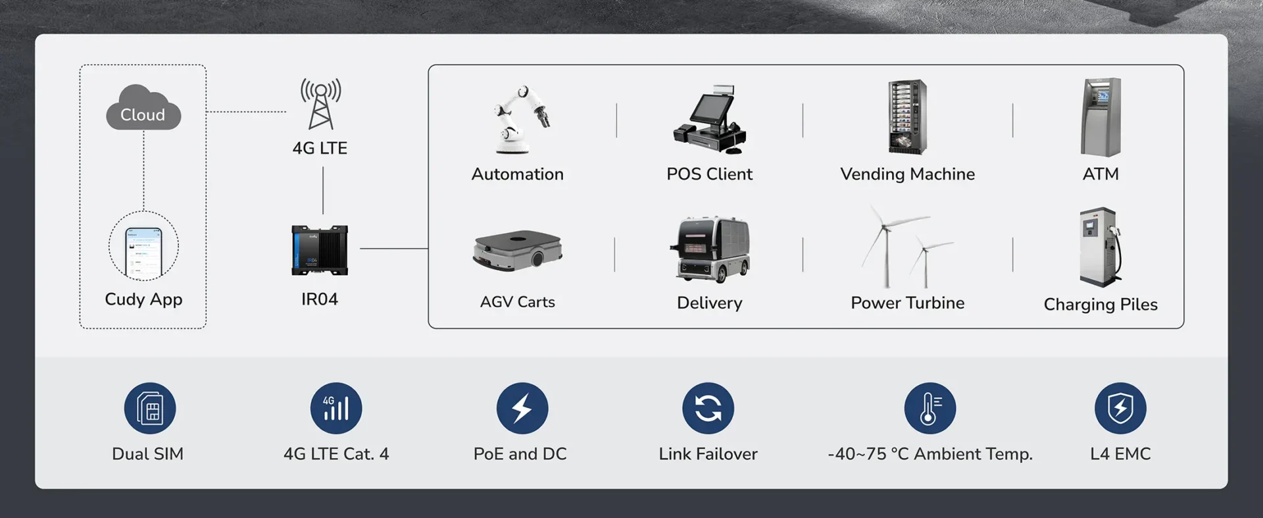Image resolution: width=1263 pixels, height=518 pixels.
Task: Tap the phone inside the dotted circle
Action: pyautogui.click(x=143, y=249)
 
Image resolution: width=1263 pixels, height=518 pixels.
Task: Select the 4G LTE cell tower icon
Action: pyautogui.click(x=320, y=104)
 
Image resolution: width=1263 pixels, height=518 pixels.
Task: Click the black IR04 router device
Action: pyautogui.click(x=320, y=250)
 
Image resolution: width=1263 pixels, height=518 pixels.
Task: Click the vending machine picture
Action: pyautogui.click(x=907, y=117)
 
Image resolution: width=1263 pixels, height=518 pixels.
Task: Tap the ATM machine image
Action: pyautogui.click(x=1101, y=117)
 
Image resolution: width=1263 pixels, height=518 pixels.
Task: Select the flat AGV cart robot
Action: pyautogui.click(x=517, y=250)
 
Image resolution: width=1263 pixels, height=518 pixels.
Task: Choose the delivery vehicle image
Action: pyautogui.click(x=710, y=249)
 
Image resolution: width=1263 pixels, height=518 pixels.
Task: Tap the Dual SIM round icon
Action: pyautogui.click(x=150, y=408)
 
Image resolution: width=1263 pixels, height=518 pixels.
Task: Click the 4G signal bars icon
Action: pyautogui.click(x=336, y=408)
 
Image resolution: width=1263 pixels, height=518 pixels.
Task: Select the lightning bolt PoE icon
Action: pyautogui.click(x=522, y=408)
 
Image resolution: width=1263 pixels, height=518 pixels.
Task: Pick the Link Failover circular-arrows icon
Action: pyautogui.click(x=708, y=408)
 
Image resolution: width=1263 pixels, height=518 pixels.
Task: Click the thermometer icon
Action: pyautogui.click(x=929, y=408)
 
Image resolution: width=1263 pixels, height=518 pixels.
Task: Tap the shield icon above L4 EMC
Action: pyautogui.click(x=1120, y=408)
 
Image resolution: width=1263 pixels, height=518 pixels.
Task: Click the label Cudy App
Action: pyautogui.click(x=143, y=299)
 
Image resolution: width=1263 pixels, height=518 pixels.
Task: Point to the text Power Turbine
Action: pyautogui.click(x=907, y=303)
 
